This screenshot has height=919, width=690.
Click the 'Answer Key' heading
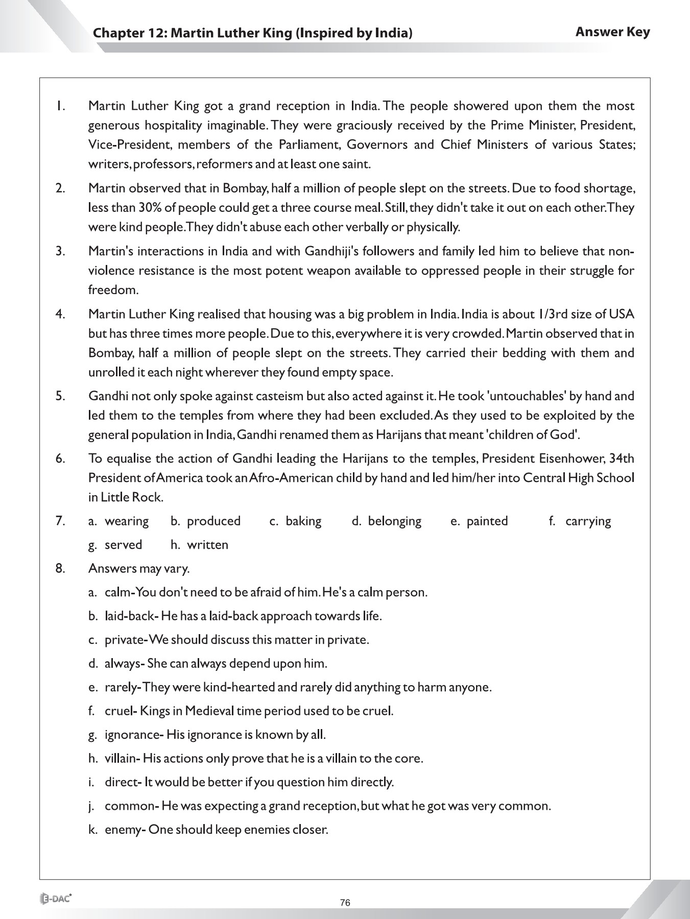612,32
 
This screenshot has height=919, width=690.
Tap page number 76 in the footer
345,903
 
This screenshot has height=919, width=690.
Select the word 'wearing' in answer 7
127,521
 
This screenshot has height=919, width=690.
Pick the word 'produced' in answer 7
213,521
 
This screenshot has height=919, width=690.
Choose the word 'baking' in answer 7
303,521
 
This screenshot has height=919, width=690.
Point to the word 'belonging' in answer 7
395,521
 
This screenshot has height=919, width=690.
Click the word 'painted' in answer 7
487,521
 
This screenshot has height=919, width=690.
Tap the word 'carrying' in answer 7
588,521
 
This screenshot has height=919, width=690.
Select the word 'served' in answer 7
123,545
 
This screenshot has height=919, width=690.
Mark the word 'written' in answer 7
207,545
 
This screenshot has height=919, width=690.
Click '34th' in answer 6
622,458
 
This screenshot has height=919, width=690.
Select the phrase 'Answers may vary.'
139,568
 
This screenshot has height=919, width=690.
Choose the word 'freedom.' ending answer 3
113,290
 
